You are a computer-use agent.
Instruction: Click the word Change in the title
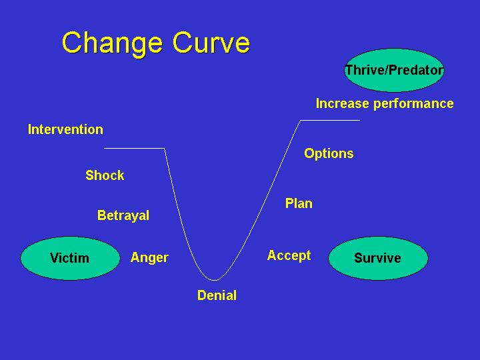pyautogui.click(x=112, y=44)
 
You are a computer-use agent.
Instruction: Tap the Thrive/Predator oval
pyautogui.click(x=394, y=70)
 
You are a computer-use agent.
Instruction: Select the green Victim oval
pyautogui.click(x=70, y=258)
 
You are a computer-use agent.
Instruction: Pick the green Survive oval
pyautogui.click(x=378, y=258)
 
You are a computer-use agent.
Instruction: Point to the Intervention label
pyautogui.click(x=65, y=129)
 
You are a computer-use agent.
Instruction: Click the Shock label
pyautogui.click(x=105, y=175)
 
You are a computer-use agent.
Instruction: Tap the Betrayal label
pyautogui.click(x=123, y=216)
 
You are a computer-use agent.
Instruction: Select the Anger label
pyautogui.click(x=149, y=258)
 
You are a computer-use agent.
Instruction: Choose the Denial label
pyautogui.click(x=217, y=295)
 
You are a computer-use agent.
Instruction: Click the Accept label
pyautogui.click(x=289, y=255)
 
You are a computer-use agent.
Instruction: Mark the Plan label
pyautogui.click(x=299, y=203)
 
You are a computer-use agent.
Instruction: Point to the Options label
pyautogui.click(x=329, y=153)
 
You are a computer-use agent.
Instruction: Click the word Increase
pyautogui.click(x=343, y=103)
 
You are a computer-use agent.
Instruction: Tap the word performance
pyautogui.click(x=413, y=104)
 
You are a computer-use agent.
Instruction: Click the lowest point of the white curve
pyautogui.click(x=214, y=280)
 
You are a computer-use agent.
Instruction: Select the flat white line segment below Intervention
pyautogui.click(x=135, y=148)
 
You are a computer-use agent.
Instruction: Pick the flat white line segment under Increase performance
pyautogui.click(x=330, y=120)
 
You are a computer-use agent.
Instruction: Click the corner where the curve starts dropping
pyautogui.click(x=165, y=148)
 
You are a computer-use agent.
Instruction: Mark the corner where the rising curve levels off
pyautogui.click(x=301, y=120)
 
